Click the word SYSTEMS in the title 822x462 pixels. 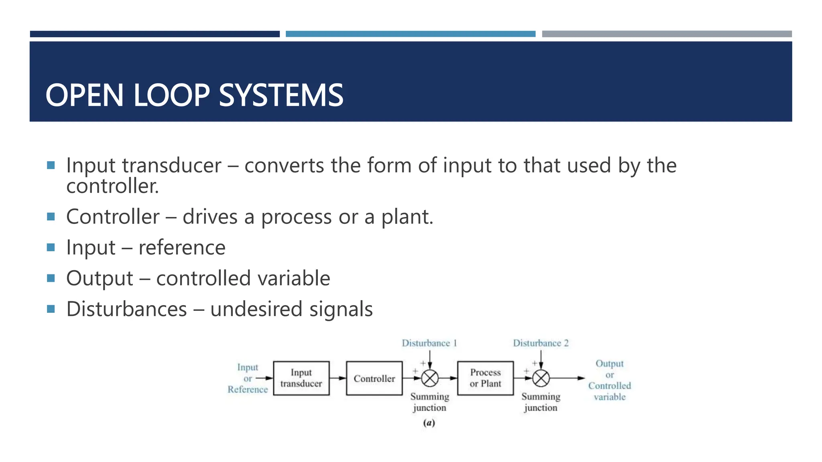tap(281, 95)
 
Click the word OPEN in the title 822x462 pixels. tap(84, 95)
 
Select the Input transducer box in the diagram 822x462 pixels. tap(301, 378)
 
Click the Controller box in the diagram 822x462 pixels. tap(374, 378)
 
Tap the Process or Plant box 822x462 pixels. tap(485, 378)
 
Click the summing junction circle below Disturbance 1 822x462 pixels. tap(430, 378)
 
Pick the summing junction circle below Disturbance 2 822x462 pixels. tap(541, 378)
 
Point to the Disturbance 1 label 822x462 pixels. tap(429, 343)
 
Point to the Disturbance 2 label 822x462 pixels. tap(541, 343)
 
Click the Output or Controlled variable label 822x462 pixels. tap(609, 380)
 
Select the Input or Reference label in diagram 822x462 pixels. tap(248, 378)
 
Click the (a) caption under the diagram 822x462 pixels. tap(429, 423)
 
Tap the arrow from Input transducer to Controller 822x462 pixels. tap(338, 378)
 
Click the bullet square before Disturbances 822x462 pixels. tap(51, 309)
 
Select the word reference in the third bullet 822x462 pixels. tap(182, 247)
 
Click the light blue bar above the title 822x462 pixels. tap(410, 34)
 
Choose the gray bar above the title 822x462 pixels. tap(667, 34)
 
